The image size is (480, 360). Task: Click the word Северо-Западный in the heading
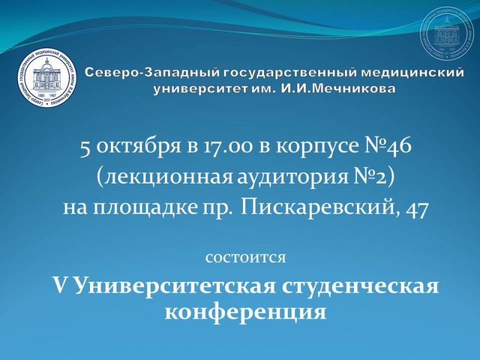152,73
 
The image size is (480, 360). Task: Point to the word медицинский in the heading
412,73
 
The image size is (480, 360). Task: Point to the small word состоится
246,259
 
